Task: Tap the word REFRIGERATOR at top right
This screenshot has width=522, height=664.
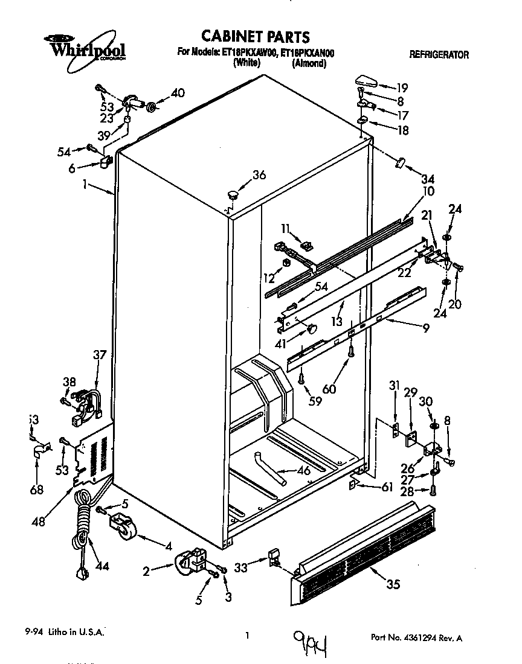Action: tap(439, 54)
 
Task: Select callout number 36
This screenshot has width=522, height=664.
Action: tap(259, 176)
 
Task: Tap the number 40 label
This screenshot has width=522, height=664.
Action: tap(178, 93)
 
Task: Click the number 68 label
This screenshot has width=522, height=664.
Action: tap(37, 490)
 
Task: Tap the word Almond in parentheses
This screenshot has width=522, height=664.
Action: tap(309, 63)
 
